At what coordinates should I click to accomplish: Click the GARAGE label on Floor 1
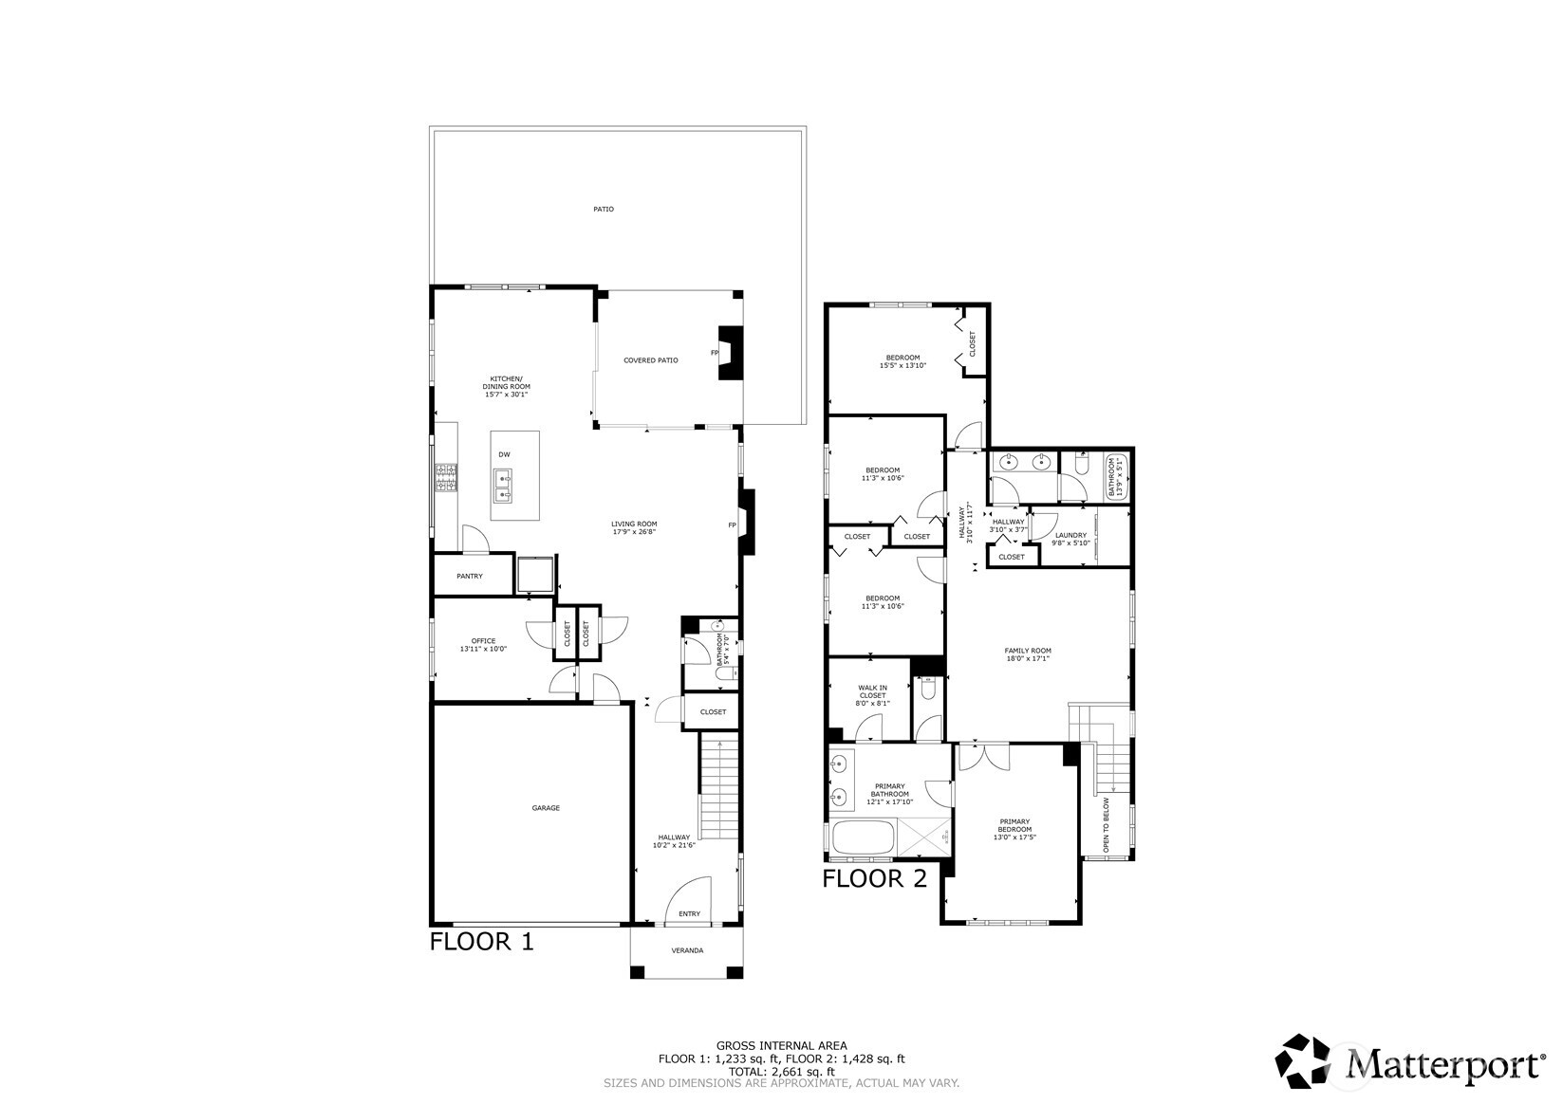point(545,808)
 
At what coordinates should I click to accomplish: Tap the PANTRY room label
point(469,577)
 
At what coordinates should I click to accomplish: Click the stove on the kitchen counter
point(446,477)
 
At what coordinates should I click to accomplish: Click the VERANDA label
point(687,950)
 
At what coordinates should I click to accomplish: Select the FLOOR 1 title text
point(481,942)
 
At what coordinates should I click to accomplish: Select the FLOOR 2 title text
point(873,878)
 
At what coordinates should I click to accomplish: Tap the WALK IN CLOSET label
point(872,695)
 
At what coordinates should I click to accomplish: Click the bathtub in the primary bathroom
point(863,838)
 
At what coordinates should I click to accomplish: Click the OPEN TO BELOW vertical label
point(1106,825)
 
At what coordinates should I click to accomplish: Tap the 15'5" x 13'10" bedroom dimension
point(902,365)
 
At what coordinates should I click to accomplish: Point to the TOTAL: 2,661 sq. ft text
point(781,1071)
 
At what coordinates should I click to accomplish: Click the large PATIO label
point(603,209)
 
